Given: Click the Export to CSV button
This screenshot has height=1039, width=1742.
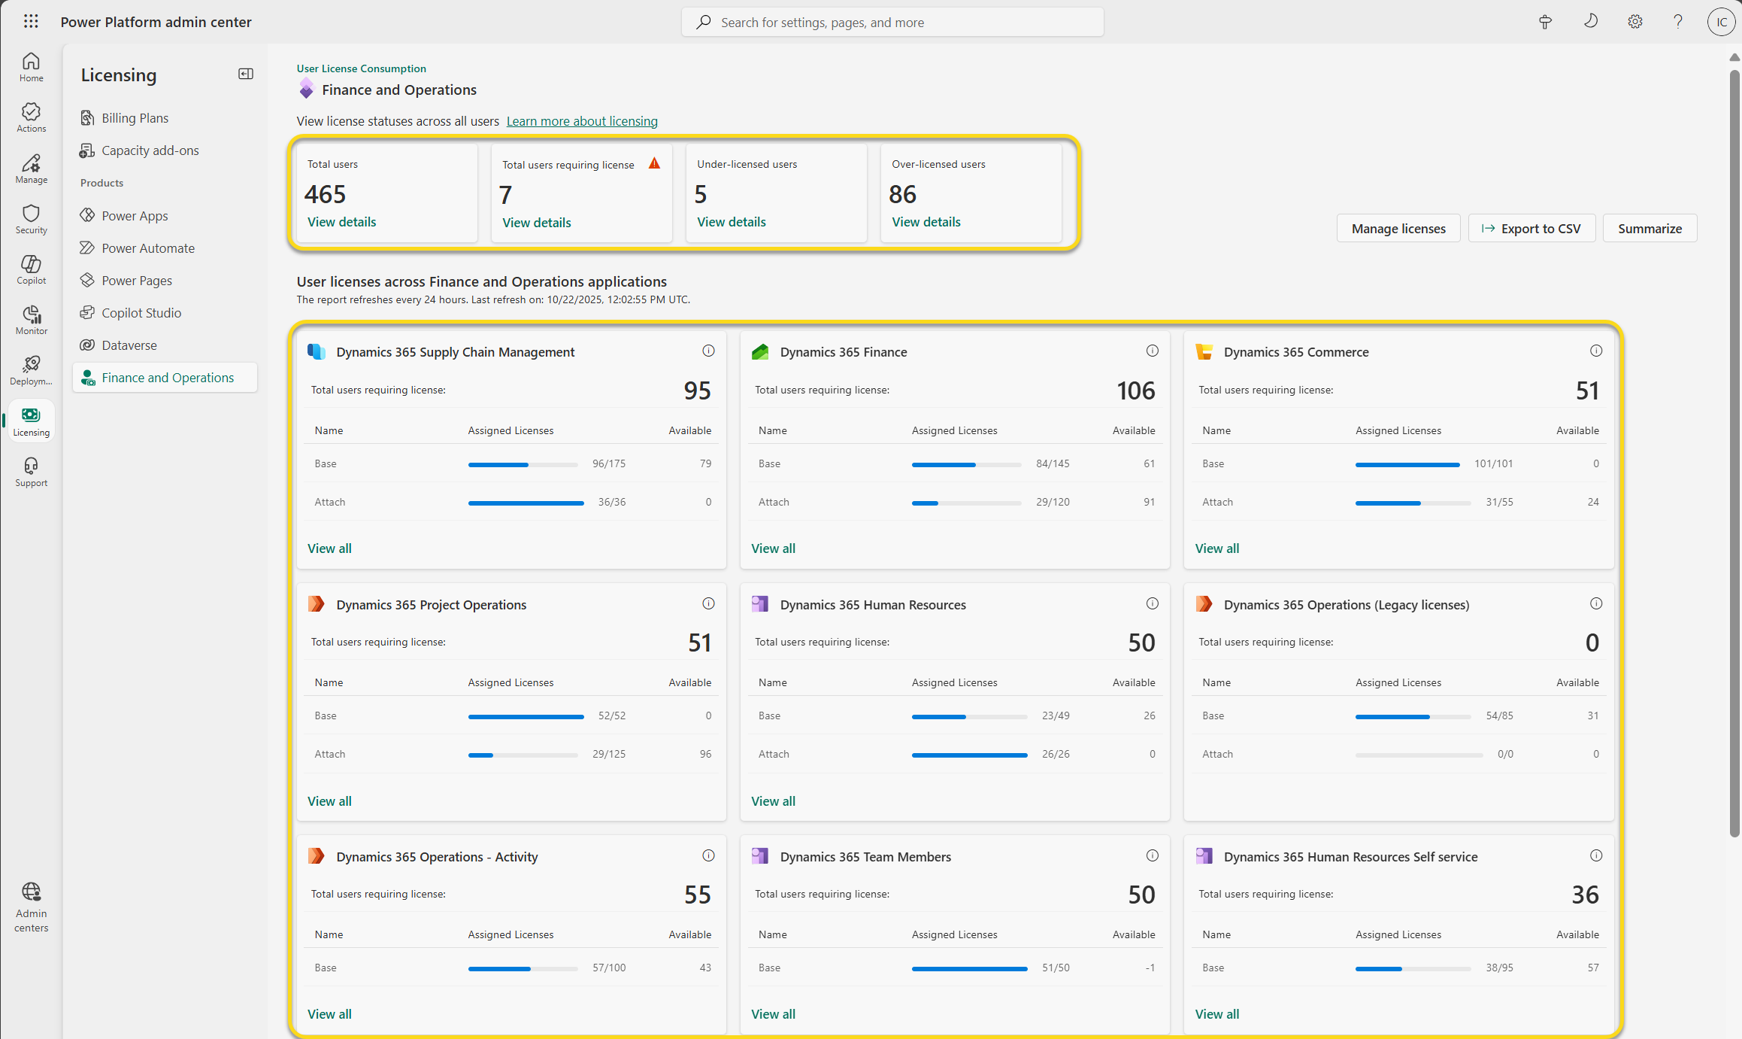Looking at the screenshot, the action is pos(1531,229).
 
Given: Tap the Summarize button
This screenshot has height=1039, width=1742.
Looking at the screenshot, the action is pos(1650,229).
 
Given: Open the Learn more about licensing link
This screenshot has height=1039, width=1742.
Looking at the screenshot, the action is pos(582,121).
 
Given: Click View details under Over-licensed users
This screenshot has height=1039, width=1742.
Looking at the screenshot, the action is pos(926,222).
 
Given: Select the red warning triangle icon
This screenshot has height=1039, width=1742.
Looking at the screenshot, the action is pos(654,163).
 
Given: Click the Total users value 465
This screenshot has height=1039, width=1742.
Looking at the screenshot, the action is pos(326,194).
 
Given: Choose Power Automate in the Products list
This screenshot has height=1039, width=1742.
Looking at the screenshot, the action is pos(148,248).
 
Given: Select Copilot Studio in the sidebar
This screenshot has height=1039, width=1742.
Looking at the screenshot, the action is pos(141,313).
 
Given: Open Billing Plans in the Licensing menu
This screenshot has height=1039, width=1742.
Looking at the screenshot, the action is pos(135,118).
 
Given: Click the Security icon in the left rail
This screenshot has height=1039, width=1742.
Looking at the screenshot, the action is pos(31,214).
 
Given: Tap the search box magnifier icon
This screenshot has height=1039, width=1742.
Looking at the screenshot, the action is pos(703,23).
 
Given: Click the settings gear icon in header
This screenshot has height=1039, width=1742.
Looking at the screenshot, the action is pos(1634,22).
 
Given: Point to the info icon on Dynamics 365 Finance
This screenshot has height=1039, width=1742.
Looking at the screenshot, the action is pos(1152,351).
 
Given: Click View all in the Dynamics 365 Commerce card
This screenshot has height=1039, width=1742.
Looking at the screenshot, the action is pos(1217,548).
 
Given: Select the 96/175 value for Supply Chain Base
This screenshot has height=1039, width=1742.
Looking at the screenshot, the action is pos(609,463).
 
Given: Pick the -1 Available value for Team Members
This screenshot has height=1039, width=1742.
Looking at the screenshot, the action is pos(1150,968).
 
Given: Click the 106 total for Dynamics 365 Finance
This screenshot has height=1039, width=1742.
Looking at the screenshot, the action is pos(1136,390).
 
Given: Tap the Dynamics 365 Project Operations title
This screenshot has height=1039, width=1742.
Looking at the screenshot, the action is pos(432,605).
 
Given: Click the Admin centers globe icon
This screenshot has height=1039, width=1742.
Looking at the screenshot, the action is pos(31,892).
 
